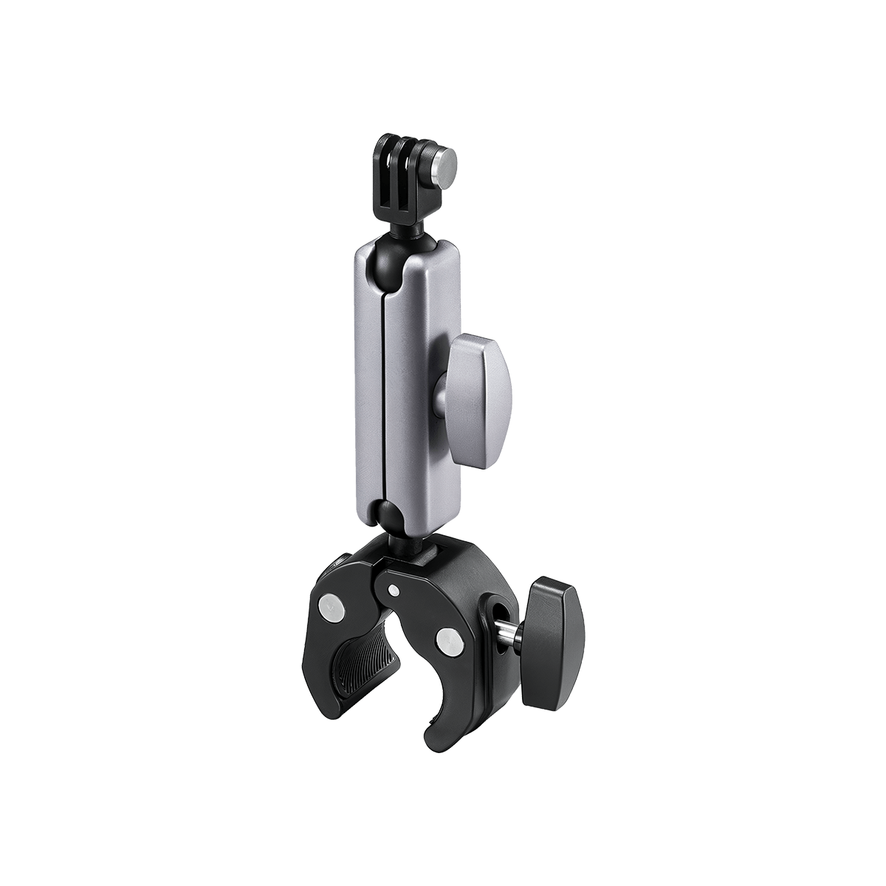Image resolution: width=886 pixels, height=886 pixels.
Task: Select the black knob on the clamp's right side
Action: pyautogui.click(x=552, y=639)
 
